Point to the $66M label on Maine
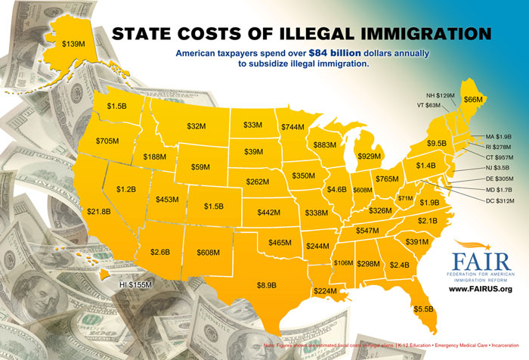472,99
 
